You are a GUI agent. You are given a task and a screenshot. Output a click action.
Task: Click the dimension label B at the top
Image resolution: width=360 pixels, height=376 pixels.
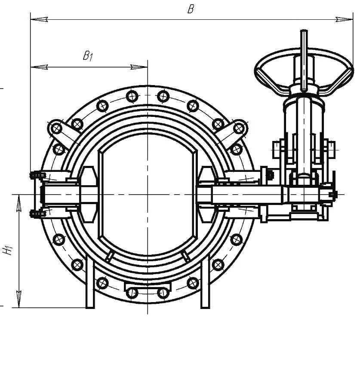tap(191, 9)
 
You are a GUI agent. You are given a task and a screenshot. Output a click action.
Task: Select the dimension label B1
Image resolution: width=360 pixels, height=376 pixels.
tap(88, 56)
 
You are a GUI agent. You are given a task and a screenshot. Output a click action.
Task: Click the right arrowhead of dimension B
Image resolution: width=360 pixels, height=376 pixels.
tap(345, 19)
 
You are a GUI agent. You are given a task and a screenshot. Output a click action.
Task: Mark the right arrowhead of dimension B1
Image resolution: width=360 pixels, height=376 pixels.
tap(139, 67)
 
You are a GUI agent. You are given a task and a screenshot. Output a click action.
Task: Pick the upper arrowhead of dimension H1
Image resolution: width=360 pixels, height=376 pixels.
tap(19, 204)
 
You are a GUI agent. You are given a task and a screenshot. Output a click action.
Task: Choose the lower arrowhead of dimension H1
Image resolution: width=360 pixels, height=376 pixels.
tap(19, 298)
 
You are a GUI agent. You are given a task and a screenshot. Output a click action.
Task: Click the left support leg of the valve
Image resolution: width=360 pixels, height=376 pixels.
tap(90, 284)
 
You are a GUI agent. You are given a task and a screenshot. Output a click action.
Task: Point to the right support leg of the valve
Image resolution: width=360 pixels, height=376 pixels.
tap(205, 284)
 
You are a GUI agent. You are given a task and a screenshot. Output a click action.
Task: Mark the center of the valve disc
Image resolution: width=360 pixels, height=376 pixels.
tap(147, 195)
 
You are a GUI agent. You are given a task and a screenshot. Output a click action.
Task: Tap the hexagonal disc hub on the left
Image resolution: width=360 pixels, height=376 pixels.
tap(89, 195)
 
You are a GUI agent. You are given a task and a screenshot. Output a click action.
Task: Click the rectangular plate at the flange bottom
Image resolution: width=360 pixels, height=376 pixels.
tap(147, 287)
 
